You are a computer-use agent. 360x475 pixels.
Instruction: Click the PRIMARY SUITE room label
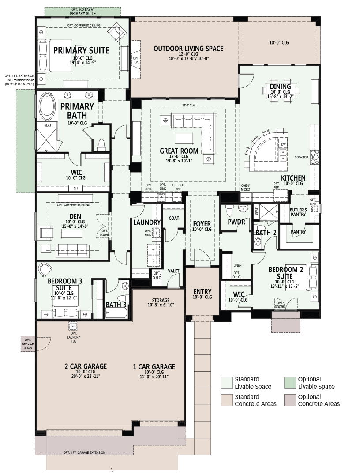(x=81, y=50)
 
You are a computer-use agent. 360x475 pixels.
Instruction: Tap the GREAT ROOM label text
(x=179, y=151)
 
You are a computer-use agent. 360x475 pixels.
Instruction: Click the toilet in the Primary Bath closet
(x=101, y=144)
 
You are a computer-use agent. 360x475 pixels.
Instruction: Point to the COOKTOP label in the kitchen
(x=301, y=157)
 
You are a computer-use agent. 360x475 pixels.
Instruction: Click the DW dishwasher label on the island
(x=283, y=144)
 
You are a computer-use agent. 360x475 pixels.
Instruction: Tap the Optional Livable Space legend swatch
(x=289, y=383)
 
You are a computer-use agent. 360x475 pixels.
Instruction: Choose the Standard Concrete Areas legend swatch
(x=226, y=400)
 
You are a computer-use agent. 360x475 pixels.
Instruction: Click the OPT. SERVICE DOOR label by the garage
(x=28, y=343)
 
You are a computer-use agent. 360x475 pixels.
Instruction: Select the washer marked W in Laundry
(x=153, y=250)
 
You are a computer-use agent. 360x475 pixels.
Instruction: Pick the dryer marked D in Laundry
(x=153, y=260)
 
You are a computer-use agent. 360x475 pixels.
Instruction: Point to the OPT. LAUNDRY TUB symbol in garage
(x=73, y=326)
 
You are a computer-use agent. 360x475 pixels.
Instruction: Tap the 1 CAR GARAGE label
(x=154, y=367)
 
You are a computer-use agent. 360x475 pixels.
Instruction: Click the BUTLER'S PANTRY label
(x=298, y=212)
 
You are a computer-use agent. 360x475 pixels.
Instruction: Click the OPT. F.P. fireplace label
(x=135, y=60)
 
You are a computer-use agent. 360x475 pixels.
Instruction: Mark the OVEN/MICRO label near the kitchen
(x=246, y=188)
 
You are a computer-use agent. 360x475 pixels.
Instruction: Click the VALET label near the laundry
(x=173, y=271)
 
